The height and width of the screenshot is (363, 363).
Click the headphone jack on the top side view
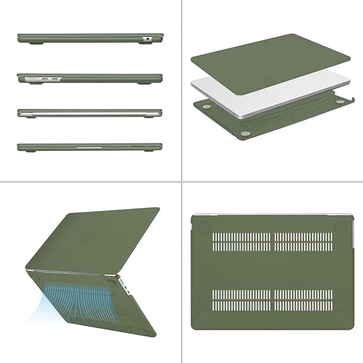146,39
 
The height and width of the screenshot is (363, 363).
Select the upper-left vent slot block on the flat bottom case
241,242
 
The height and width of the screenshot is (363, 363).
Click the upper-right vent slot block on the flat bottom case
303,242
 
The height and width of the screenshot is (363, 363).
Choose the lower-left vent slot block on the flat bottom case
241,300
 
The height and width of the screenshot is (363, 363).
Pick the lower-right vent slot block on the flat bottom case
303,300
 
